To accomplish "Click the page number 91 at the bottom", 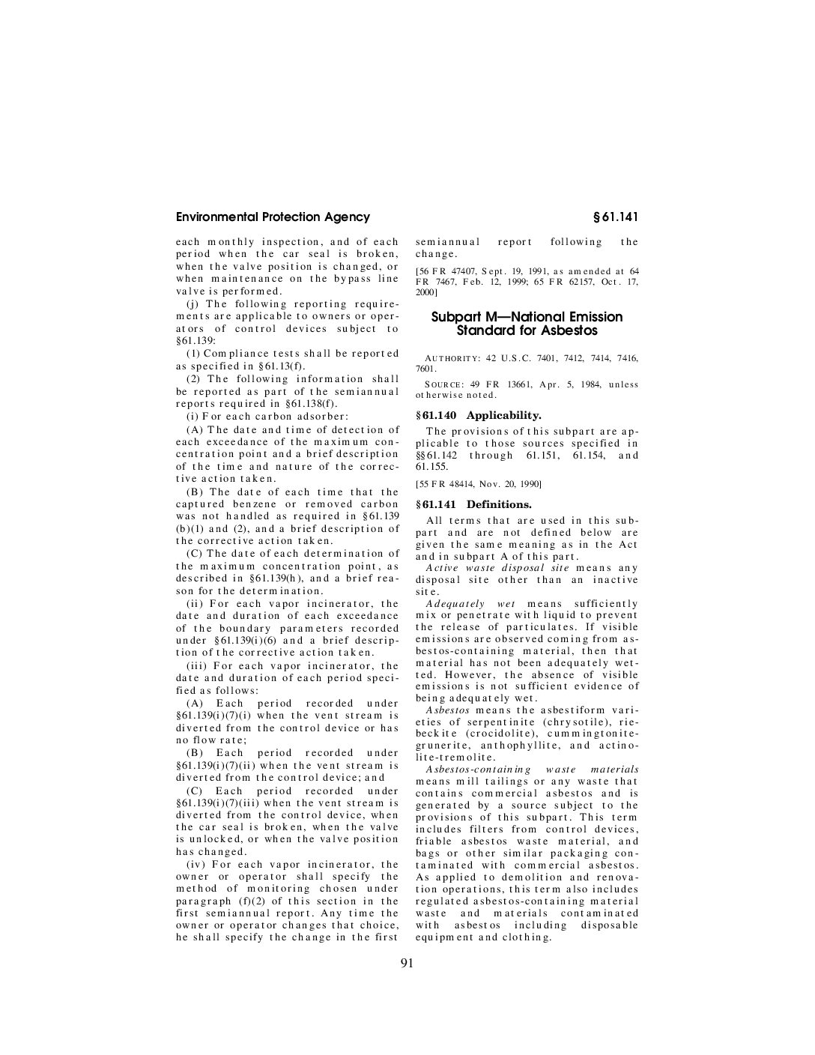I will pyautogui.click(x=407, y=964).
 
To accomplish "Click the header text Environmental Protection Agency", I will pyautogui.click(x=273, y=217).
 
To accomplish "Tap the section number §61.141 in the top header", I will pyautogui.click(x=615, y=217).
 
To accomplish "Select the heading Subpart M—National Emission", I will pyautogui.click(x=527, y=317).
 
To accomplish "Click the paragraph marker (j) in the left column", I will pyautogui.click(x=193, y=303).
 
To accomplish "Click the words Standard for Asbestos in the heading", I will pyautogui.click(x=527, y=330).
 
